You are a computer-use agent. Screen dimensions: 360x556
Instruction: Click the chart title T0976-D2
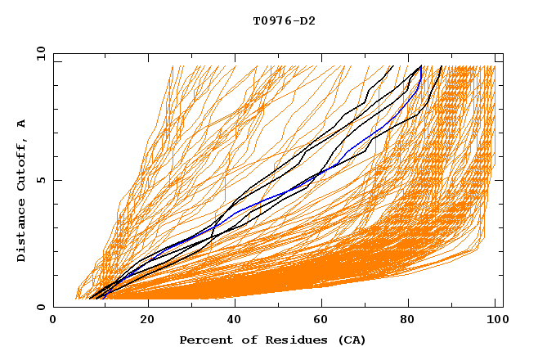pos(284,21)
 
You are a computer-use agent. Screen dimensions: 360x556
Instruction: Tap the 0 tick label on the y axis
pos(40,307)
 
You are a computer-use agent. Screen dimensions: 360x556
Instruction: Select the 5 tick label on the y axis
pos(40,180)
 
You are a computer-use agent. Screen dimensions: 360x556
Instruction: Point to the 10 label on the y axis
pos(38,53)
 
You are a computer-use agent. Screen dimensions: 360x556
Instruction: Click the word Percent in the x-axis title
pos(204,340)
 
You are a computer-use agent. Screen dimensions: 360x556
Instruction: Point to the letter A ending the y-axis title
pos(21,124)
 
